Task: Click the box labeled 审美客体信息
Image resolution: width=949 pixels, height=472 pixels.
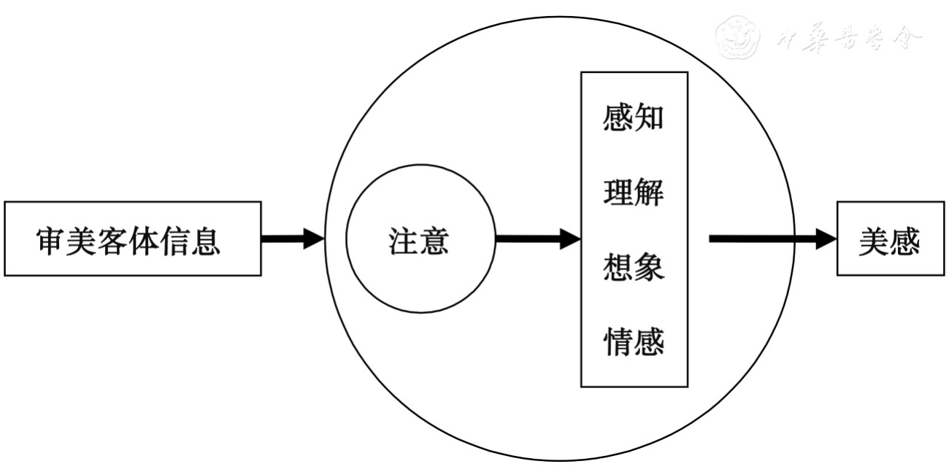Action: [132, 239]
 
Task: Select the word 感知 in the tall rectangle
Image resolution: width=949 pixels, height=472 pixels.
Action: [634, 117]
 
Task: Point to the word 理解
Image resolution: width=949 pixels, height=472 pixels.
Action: [634, 193]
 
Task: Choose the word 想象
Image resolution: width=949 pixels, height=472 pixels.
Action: [634, 268]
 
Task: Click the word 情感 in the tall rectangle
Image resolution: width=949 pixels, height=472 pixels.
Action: [634, 342]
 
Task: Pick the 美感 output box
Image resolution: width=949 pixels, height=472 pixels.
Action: [889, 239]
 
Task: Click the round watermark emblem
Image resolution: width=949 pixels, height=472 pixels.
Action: [734, 37]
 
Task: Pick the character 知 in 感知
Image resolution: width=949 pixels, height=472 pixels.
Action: [649, 117]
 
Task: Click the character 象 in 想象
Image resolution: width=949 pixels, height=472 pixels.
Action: [649, 268]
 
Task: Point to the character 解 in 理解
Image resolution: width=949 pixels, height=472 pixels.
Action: [649, 193]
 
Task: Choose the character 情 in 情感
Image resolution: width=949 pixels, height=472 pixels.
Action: [618, 342]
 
